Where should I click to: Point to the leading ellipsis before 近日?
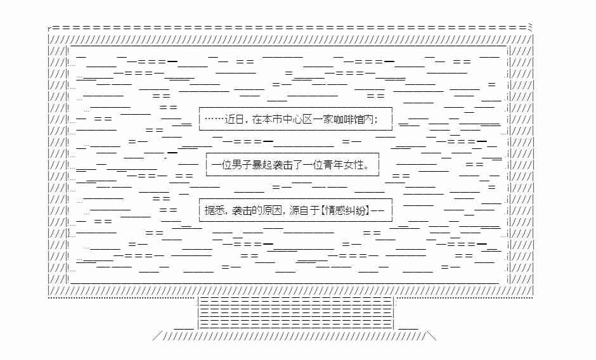pos(214,119)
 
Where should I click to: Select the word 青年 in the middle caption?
pos(334,165)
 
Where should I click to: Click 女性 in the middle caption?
pos(354,165)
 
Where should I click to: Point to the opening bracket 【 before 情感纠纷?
pos(322,210)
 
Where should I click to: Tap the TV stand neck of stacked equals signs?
pos(296,313)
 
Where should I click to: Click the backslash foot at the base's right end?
pos(431,336)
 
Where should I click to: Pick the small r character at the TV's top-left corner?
pos(50,29)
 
